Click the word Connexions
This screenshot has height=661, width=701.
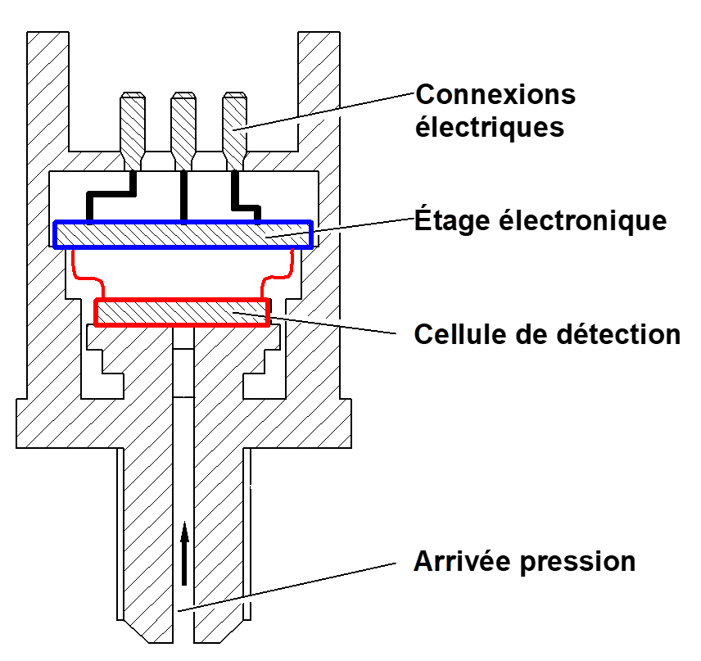coord(495,95)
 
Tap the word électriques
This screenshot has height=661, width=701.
coord(490,128)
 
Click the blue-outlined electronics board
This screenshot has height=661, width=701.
coord(183,235)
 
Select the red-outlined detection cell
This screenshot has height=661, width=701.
coord(182,312)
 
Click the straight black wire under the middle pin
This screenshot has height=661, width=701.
coord(183,197)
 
